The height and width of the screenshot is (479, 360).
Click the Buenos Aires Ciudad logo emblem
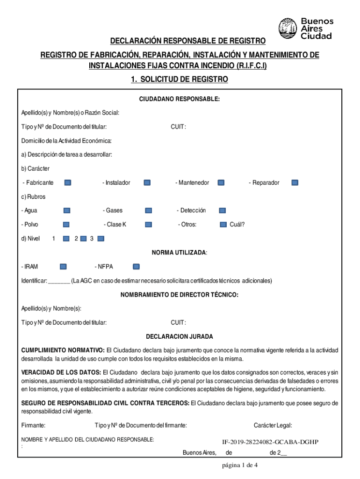tap(288, 28)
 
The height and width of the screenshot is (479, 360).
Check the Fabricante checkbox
tap(68, 182)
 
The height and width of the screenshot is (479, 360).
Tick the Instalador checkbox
tap(147, 182)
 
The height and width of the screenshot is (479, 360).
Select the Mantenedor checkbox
tap(222, 182)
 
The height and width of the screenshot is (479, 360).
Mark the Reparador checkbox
tap(295, 182)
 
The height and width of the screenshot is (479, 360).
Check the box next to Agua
tap(66, 210)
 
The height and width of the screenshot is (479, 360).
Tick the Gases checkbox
tap(148, 210)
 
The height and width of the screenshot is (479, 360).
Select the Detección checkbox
tap(223, 210)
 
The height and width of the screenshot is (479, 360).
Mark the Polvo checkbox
tap(66, 225)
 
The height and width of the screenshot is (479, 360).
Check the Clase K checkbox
tap(148, 225)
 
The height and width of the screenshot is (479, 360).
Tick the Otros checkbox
tap(223, 225)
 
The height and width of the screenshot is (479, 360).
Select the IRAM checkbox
tap(63, 267)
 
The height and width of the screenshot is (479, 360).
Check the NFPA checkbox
tap(136, 267)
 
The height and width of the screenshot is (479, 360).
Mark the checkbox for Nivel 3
tap(101, 239)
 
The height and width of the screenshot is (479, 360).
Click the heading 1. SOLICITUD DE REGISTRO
tap(180, 80)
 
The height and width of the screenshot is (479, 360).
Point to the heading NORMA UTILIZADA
tap(180, 253)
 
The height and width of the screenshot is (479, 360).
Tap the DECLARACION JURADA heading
tap(180, 336)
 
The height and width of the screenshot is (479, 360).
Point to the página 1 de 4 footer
tap(240, 465)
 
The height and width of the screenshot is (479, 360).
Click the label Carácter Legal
tap(273, 425)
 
